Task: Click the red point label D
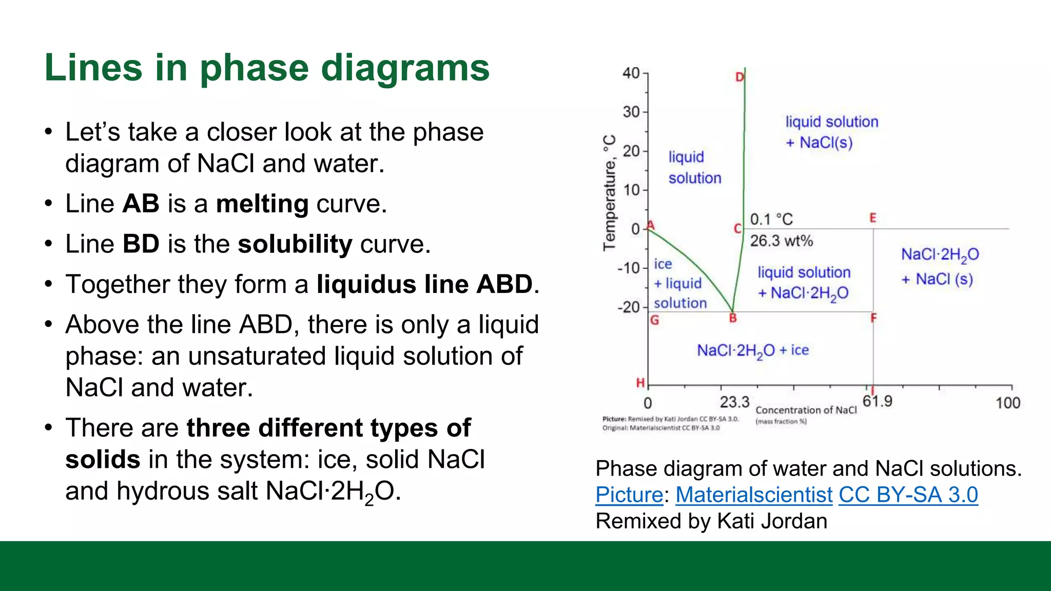point(739,77)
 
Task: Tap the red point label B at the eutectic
point(733,319)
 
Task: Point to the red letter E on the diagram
point(872,218)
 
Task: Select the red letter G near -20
point(654,321)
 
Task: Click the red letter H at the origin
point(640,383)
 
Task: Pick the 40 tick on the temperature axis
point(631,73)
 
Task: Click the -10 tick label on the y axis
point(629,268)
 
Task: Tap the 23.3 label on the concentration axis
point(734,402)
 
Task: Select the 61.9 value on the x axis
point(877,401)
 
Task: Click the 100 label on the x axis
point(1007,403)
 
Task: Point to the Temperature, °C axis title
point(609,193)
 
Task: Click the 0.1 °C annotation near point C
point(771,220)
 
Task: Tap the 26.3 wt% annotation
point(781,241)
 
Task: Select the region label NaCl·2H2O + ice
point(752,351)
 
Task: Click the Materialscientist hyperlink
point(753,495)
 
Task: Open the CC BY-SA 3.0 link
point(908,495)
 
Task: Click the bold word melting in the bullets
point(262,204)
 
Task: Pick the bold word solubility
point(295,244)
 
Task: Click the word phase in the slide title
point(255,68)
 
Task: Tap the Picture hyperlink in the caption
point(629,495)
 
